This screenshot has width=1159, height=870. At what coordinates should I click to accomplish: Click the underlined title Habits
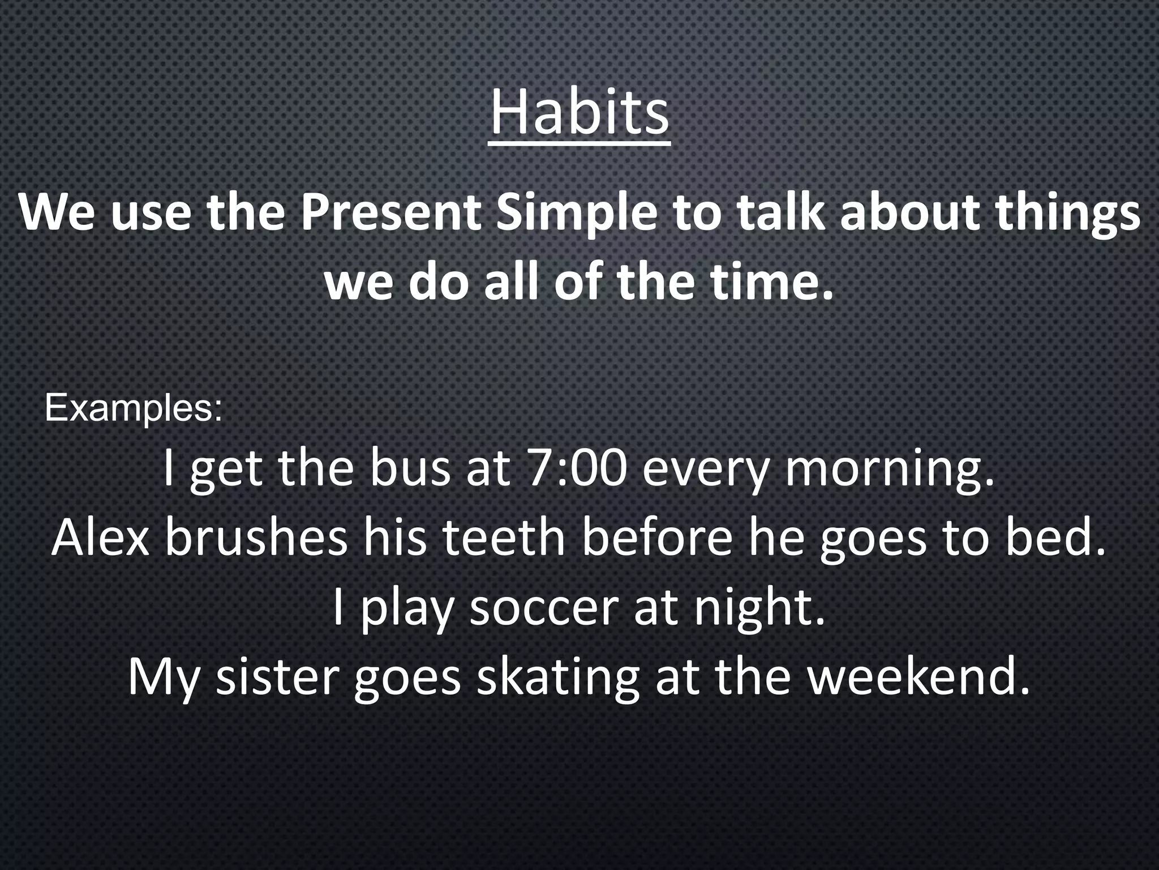(x=579, y=114)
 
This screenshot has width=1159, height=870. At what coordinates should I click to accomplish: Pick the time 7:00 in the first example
(x=576, y=469)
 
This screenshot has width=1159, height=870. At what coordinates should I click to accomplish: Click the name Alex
(x=100, y=538)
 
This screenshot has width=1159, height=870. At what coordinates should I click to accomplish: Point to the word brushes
(x=256, y=538)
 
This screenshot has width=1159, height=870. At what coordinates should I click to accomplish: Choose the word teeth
(x=503, y=538)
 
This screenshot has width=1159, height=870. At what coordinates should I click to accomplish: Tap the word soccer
(x=543, y=608)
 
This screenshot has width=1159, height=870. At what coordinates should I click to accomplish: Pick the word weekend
(x=917, y=677)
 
